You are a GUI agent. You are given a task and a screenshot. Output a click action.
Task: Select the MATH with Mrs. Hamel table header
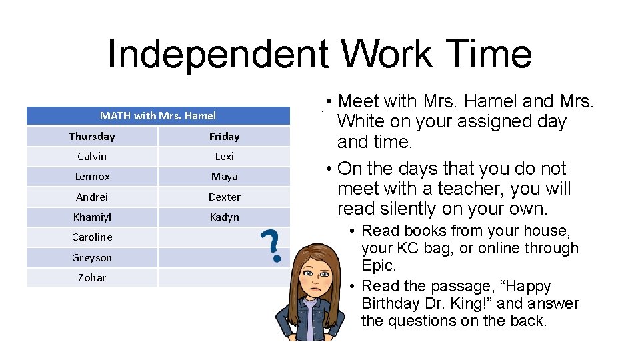click(x=158, y=115)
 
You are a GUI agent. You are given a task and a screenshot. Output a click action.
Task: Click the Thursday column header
click(x=92, y=136)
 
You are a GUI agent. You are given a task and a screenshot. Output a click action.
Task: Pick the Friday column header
click(x=224, y=136)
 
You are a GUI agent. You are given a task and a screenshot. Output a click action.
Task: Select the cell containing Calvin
click(x=92, y=156)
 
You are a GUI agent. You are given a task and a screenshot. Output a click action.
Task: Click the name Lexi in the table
click(x=224, y=156)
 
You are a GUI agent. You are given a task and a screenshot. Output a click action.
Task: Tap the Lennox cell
click(x=93, y=177)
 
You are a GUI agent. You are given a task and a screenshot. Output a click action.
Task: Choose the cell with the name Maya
click(x=224, y=177)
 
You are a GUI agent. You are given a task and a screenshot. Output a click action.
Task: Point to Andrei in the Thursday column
click(x=92, y=197)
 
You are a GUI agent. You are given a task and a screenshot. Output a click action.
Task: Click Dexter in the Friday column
click(x=224, y=197)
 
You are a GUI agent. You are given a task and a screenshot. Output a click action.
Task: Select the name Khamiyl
click(x=92, y=217)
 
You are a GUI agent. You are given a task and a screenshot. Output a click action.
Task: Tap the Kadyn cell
click(x=224, y=217)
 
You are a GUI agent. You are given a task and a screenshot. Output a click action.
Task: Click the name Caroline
click(x=92, y=237)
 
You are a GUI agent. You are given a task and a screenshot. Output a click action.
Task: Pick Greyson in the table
click(x=92, y=257)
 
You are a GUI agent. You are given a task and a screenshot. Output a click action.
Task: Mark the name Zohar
click(x=92, y=277)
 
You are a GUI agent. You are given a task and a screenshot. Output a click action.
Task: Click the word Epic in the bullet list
click(x=378, y=265)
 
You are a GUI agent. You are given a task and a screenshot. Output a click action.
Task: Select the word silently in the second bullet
click(x=410, y=209)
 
